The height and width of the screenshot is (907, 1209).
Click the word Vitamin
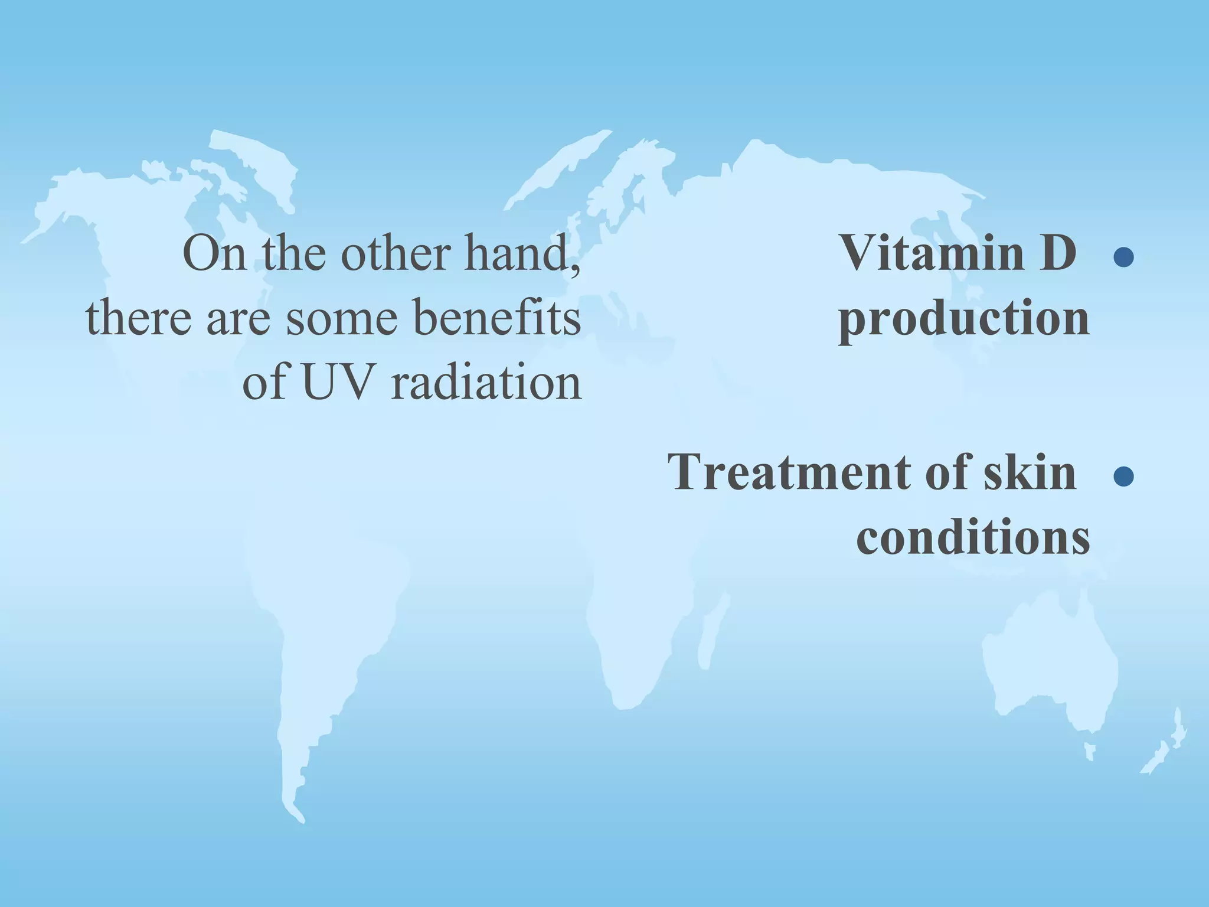point(932,253)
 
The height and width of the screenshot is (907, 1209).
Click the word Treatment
point(791,472)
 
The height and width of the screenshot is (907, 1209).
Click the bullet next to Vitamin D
point(1123,257)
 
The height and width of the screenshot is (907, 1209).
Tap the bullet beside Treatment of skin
point(1123,477)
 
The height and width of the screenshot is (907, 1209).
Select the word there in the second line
point(139,319)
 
